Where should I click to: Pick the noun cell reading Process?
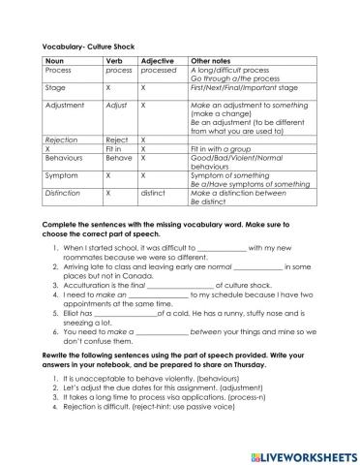tap(59, 70)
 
